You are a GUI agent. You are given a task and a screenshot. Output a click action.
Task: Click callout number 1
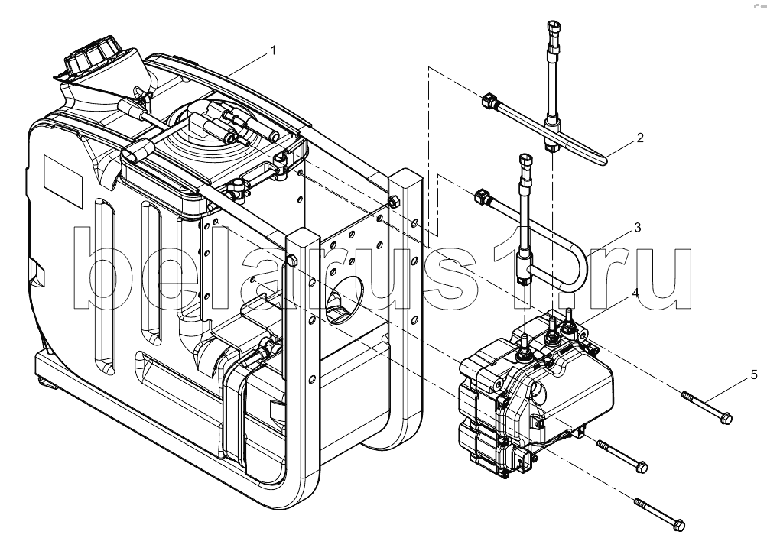coord(273,51)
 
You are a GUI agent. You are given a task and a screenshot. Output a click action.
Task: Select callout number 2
coord(640,138)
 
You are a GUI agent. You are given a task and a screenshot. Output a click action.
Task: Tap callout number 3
coord(637,227)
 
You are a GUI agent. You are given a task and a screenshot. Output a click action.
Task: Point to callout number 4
coord(635,293)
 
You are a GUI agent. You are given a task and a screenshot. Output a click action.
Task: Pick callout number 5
coord(754,375)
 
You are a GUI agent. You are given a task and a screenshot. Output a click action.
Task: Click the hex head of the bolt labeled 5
coord(726,418)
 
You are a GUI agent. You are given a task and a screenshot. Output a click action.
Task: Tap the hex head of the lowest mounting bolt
coord(679,525)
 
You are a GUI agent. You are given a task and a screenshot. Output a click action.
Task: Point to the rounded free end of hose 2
coord(605,160)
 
